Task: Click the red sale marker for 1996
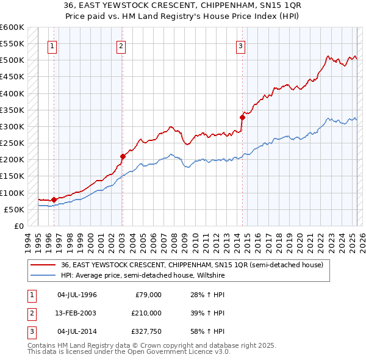pyautogui.click(x=54, y=200)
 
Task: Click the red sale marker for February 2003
pyautogui.click(x=123, y=156)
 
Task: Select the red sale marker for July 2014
pyautogui.click(x=242, y=117)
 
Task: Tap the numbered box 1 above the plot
pyautogui.click(x=52, y=45)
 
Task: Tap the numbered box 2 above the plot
pyautogui.click(x=121, y=45)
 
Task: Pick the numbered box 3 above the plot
pyautogui.click(x=240, y=45)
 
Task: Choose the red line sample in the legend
pyautogui.click(x=44, y=265)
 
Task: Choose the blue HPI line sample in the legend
pyautogui.click(x=44, y=275)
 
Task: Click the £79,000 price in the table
pyautogui.click(x=148, y=295)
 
